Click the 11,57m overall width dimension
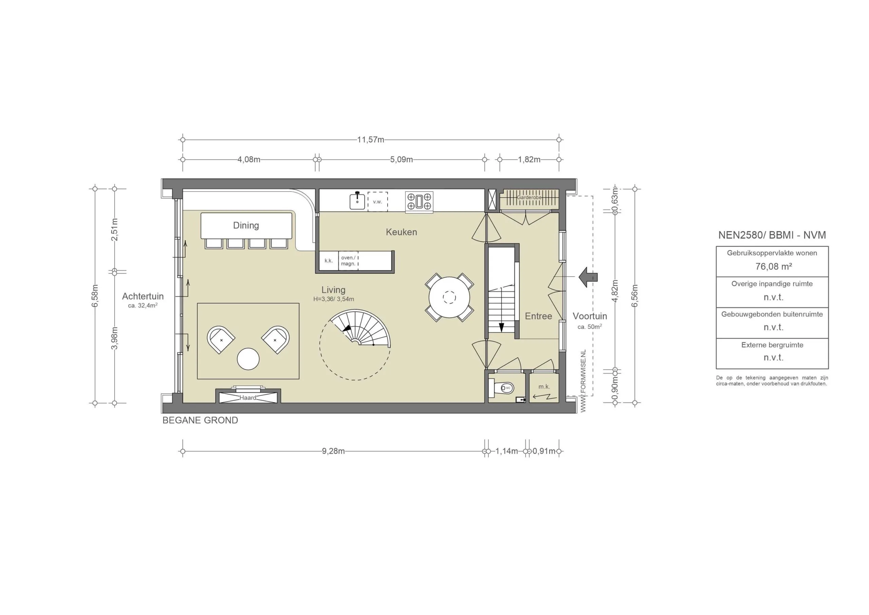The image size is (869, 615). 371,139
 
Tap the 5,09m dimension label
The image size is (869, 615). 401,160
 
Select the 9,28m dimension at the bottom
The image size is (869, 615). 333,451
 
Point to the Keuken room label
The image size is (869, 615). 401,232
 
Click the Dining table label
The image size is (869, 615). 246,226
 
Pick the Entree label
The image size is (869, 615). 538,316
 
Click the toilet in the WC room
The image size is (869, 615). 504,388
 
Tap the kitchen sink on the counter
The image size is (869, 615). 357,201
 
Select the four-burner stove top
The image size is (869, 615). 419,201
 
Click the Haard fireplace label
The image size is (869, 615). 248,398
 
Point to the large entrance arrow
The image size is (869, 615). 588,277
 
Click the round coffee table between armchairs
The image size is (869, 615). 248,359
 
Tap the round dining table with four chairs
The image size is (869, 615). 449,297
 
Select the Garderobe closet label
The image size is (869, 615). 529,197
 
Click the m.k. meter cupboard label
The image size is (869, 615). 544,387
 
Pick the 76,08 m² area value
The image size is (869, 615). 774,266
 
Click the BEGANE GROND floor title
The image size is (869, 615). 200,420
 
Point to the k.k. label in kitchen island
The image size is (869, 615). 329,261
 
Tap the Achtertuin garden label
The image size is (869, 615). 143,296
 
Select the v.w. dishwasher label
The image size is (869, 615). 377,201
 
